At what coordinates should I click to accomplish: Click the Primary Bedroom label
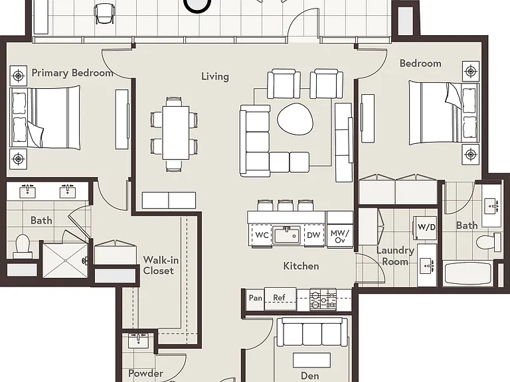(x=72, y=73)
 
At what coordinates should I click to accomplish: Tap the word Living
(x=215, y=76)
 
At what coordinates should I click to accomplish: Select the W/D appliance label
(x=426, y=227)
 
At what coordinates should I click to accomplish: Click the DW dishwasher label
(x=313, y=235)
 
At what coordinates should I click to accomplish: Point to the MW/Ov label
(x=339, y=237)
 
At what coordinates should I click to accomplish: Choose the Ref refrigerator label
(x=279, y=298)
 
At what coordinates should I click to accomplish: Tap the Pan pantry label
(x=255, y=298)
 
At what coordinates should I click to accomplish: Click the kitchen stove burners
(x=323, y=300)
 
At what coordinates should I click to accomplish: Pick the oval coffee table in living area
(x=296, y=118)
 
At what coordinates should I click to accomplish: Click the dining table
(x=175, y=133)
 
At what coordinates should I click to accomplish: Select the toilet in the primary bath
(x=23, y=246)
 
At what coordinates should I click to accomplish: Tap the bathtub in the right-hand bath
(x=467, y=274)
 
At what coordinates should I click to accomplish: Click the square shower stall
(x=65, y=260)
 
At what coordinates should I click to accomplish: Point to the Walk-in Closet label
(x=161, y=265)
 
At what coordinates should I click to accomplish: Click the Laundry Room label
(x=395, y=256)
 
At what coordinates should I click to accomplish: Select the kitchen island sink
(x=286, y=235)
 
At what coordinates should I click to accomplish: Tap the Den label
(x=310, y=376)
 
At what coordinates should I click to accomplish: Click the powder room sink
(x=138, y=340)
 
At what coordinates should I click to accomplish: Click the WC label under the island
(x=262, y=235)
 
